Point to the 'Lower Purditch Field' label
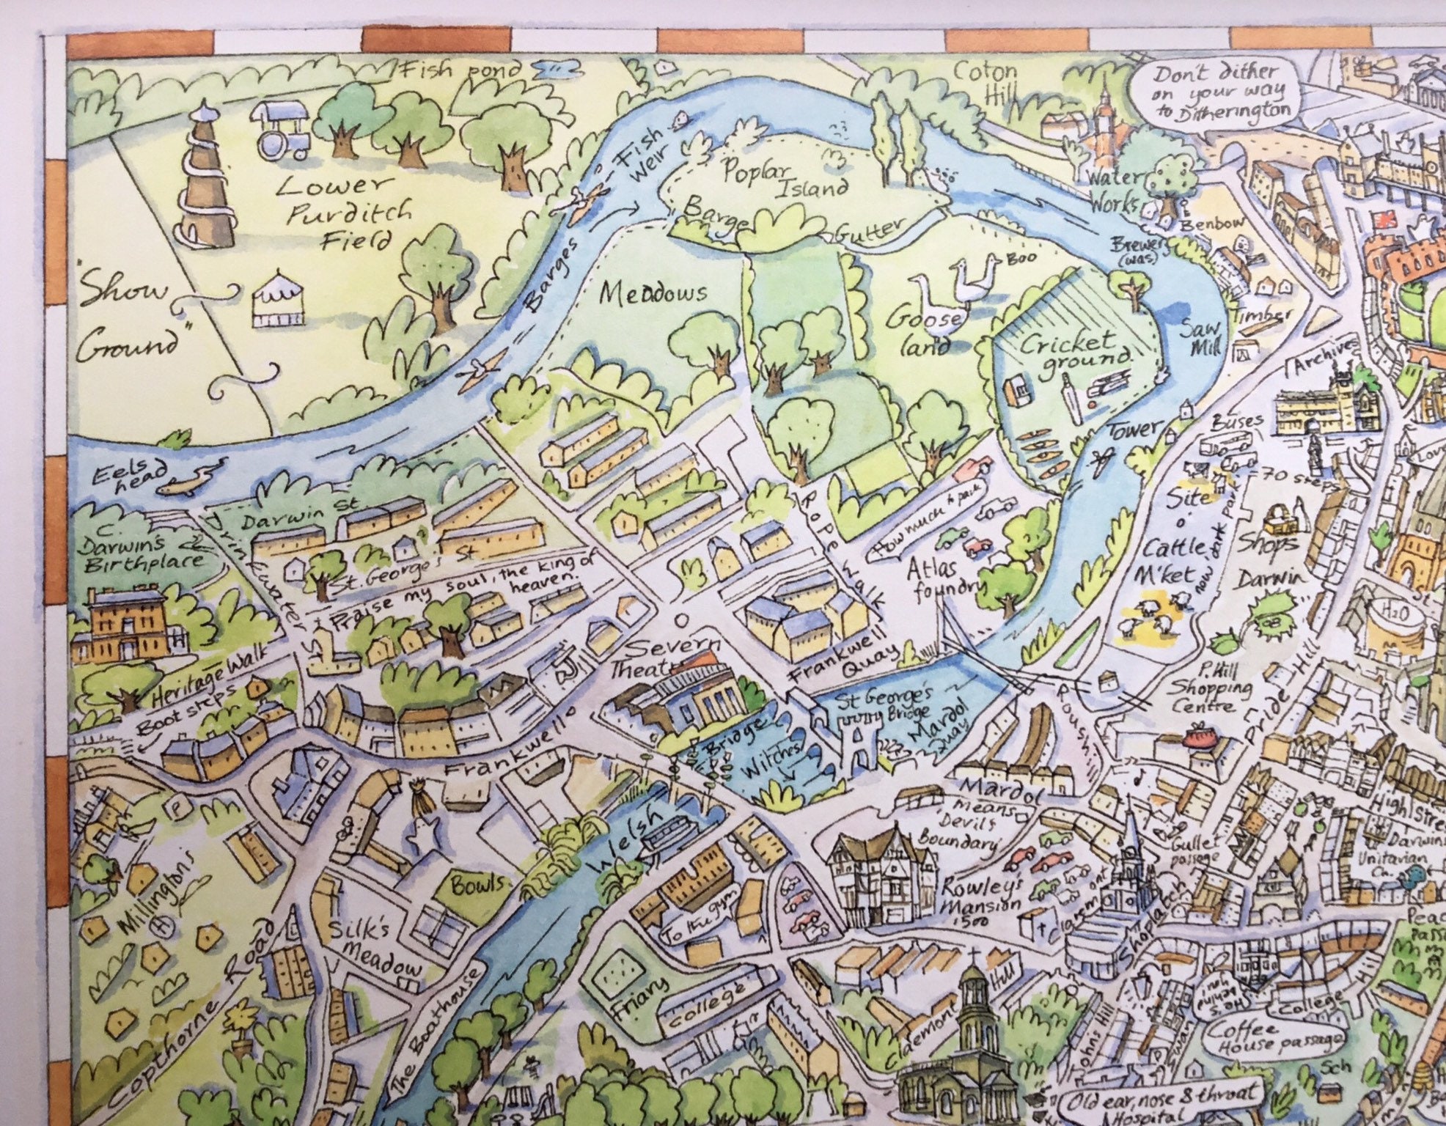point(345,212)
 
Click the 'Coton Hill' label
point(986,81)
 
